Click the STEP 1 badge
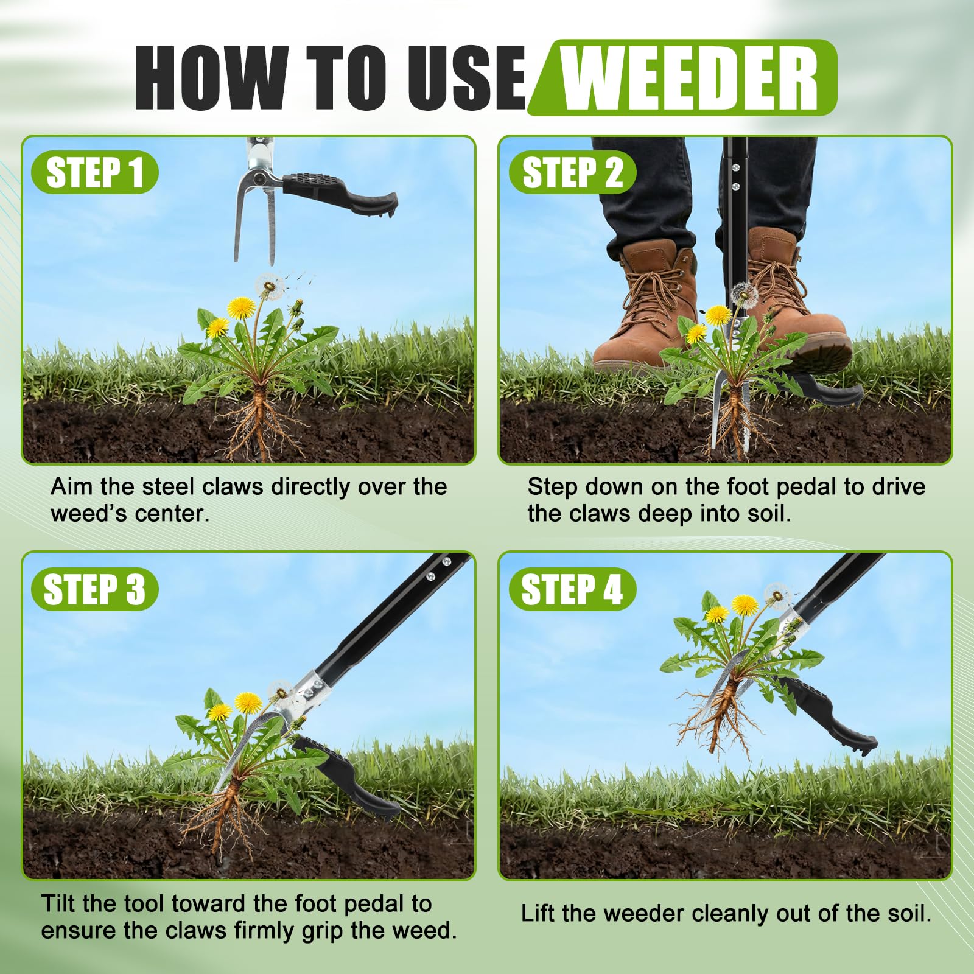(94, 172)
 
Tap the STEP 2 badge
(572, 172)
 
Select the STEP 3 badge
(94, 589)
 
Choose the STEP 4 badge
(572, 589)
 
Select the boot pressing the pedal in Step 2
(791, 304)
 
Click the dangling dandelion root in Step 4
(718, 718)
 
